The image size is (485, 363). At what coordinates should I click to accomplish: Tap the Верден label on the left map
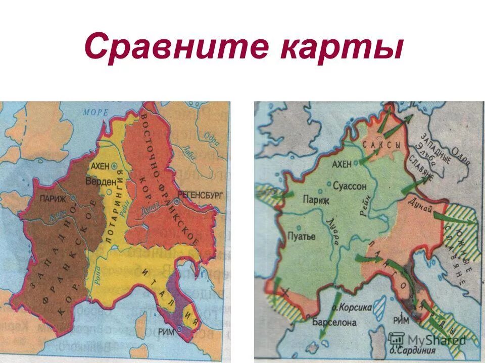[x=100, y=181]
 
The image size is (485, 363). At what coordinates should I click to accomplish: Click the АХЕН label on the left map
[x=100, y=165]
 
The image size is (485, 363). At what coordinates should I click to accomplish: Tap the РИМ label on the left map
[x=165, y=331]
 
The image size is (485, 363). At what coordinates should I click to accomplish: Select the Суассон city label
[x=350, y=186]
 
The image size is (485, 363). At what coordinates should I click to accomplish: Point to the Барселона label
[x=334, y=322]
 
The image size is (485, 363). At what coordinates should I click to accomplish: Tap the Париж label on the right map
[x=316, y=201]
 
